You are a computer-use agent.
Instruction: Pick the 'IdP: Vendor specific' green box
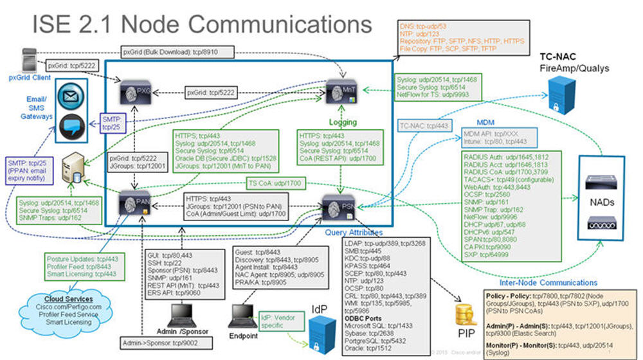click(276, 320)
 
